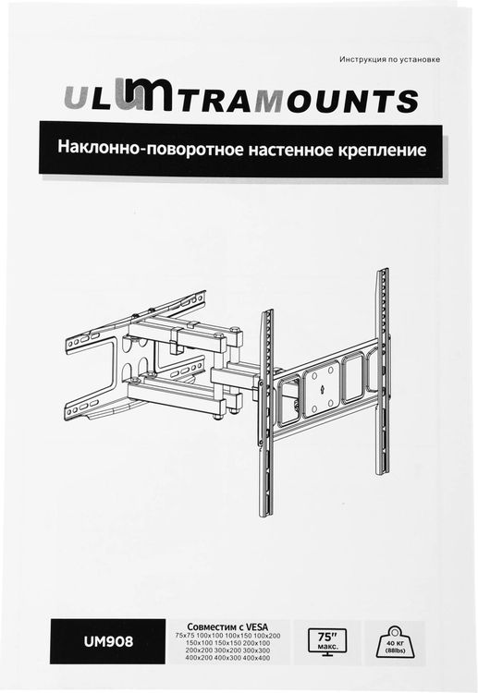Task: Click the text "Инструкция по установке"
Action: pos(389,60)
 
